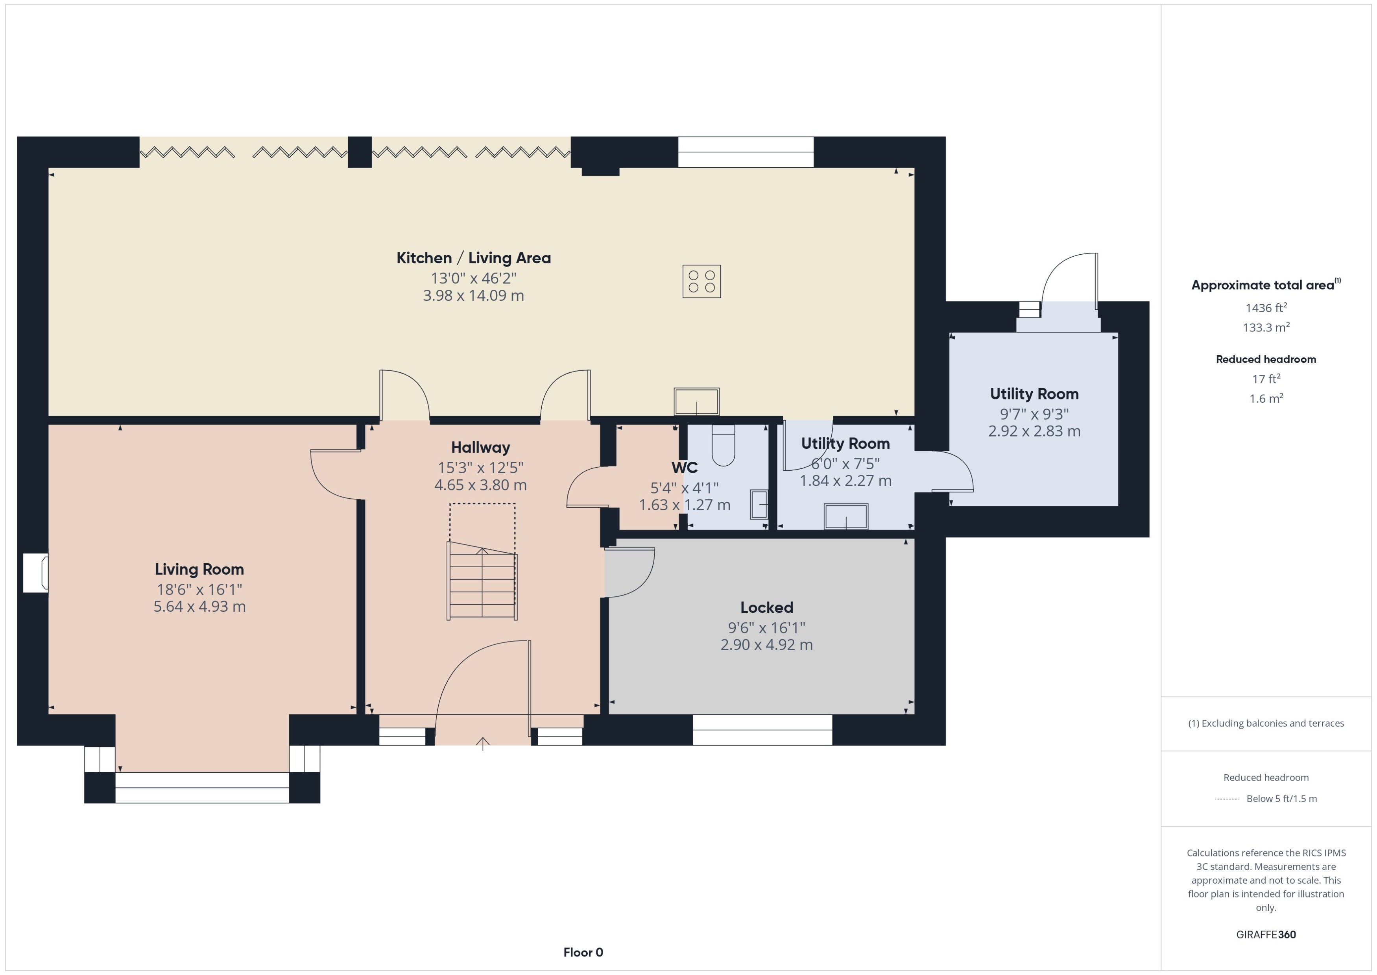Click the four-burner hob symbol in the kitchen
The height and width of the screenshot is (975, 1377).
click(701, 281)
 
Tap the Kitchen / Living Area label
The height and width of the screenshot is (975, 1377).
click(473, 258)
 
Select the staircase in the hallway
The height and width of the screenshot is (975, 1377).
click(482, 581)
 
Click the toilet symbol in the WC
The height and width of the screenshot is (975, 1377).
click(723, 446)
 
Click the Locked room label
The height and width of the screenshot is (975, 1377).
click(766, 608)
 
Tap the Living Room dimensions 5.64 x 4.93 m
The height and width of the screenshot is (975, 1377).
click(199, 606)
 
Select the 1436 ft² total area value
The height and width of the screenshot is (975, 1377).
click(1265, 308)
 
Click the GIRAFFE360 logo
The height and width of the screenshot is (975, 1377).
click(1265, 934)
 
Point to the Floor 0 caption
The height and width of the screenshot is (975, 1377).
click(583, 952)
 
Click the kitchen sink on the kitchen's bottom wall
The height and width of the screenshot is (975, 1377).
click(696, 401)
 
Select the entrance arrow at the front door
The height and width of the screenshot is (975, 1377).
click(482, 744)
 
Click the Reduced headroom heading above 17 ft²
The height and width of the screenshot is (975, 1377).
click(1265, 359)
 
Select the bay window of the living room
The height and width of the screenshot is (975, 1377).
click(201, 788)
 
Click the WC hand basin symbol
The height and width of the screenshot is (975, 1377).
click(759, 504)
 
